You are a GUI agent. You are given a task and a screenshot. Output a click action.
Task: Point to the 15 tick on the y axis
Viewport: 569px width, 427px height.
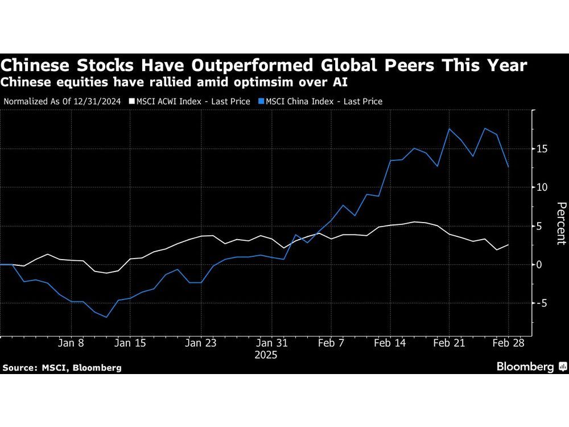coord(543,149)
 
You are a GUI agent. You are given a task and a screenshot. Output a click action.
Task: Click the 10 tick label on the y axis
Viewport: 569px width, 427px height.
coord(543,187)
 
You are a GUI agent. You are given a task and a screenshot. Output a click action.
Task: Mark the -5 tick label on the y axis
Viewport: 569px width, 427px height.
coord(542,303)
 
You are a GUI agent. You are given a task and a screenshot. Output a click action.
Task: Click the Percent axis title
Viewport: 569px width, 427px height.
coord(560,223)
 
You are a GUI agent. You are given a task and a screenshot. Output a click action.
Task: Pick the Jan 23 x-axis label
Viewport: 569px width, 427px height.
coord(201,343)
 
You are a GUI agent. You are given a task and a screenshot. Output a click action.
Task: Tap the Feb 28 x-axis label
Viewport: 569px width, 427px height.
coord(508,343)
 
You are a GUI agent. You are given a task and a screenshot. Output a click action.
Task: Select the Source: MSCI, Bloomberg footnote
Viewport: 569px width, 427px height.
coord(61,368)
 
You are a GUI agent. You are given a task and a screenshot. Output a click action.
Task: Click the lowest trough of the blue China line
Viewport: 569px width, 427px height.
coord(106,317)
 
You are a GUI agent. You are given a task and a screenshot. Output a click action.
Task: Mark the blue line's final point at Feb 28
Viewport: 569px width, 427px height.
coord(508,167)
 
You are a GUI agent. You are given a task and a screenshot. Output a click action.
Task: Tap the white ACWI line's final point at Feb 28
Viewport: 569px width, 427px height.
coord(508,245)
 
